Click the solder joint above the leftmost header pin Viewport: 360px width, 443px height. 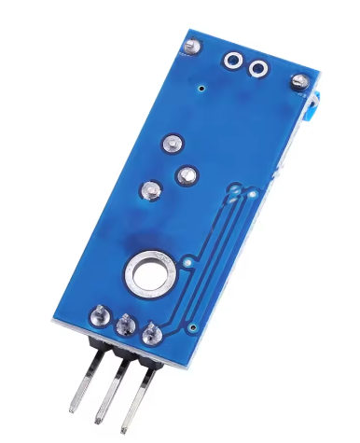click(x=98, y=315)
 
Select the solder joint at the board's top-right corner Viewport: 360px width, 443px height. click(x=300, y=82)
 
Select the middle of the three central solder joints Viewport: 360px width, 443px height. click(x=186, y=174)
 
